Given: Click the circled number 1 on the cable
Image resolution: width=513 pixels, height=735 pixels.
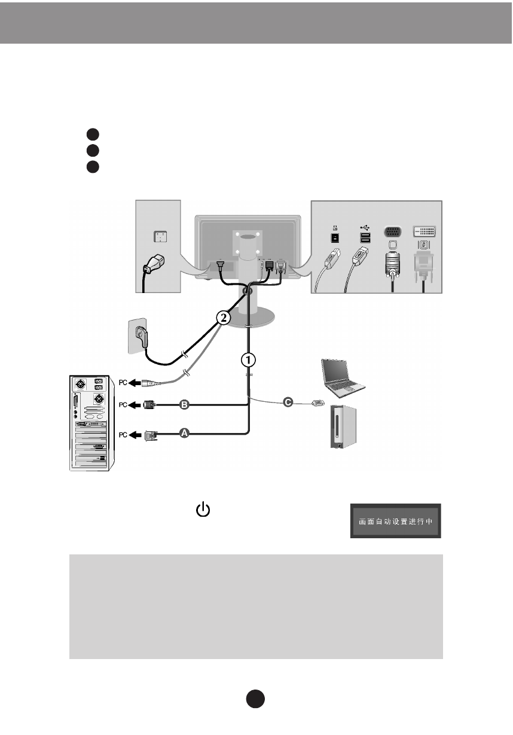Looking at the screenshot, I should pyautogui.click(x=249, y=359).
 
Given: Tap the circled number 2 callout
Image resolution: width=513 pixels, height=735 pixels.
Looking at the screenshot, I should pyautogui.click(x=222, y=318).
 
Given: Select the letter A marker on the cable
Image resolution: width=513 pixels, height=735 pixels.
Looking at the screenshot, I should pyautogui.click(x=185, y=434).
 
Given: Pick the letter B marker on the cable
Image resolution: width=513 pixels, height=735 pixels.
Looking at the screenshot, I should pyautogui.click(x=185, y=405).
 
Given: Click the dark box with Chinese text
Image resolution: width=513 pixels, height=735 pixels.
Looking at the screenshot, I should pyautogui.click(x=395, y=520).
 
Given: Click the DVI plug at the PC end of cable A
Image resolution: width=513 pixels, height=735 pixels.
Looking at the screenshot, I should pyautogui.click(x=150, y=435).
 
